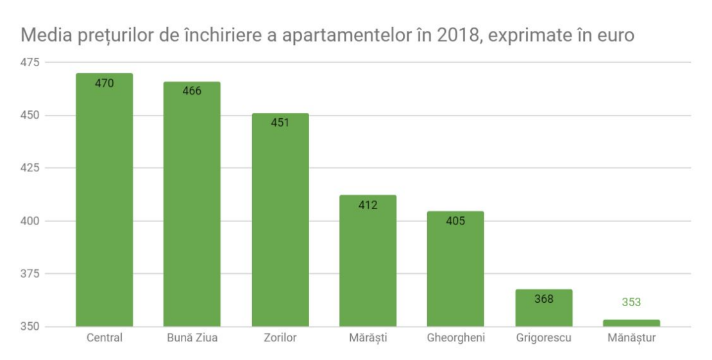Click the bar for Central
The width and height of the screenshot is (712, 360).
104,205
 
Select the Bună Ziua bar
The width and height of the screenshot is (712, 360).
192,212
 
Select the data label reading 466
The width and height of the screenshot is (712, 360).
192,91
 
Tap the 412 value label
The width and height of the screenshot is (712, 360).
368,205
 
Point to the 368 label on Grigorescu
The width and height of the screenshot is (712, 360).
543,298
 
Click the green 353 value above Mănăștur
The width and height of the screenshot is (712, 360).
631,302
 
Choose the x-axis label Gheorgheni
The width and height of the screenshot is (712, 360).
455,338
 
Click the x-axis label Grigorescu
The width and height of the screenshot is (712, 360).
543,338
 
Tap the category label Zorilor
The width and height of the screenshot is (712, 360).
280,338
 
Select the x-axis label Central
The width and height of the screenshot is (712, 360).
104,338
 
